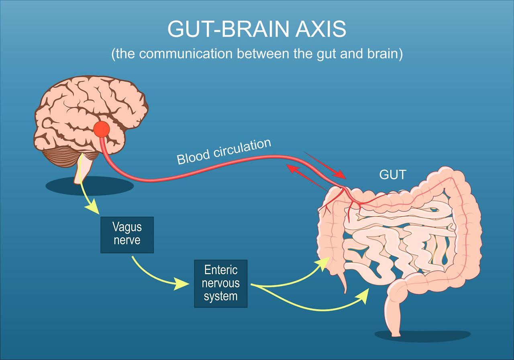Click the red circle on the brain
[102, 129]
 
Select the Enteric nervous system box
[220, 283]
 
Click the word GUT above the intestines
[393, 174]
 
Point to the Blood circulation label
[224, 151]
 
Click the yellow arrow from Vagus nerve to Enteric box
[157, 275]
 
